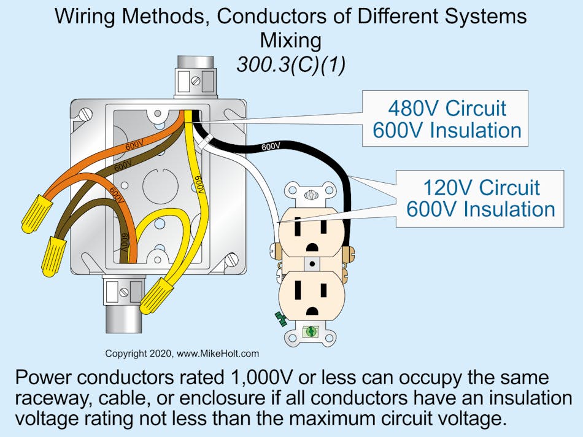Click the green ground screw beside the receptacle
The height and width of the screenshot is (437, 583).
282,318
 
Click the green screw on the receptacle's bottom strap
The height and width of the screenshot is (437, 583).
311,331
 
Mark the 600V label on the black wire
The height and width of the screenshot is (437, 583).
271,147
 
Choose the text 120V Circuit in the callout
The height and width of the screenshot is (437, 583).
481,187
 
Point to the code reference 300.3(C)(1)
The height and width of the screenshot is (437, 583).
291,64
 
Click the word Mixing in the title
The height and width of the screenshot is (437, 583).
291,41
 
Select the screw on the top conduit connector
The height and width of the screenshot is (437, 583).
195,80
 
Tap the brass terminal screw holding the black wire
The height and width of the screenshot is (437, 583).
351,251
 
